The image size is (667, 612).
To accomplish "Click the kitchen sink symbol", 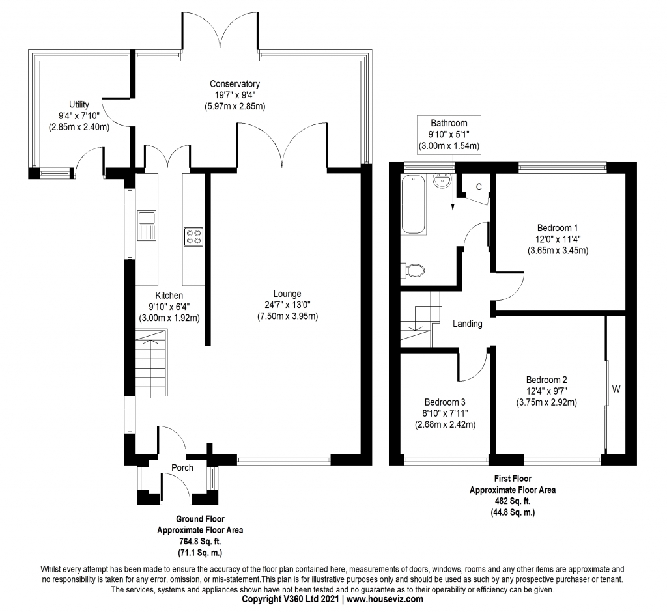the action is [147, 225].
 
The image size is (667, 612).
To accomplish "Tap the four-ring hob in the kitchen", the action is [193, 238].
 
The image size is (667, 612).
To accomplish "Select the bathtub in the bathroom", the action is [414, 204].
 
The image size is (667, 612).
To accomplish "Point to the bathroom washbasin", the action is [443, 181].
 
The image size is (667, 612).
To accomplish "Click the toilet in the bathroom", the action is [412, 270].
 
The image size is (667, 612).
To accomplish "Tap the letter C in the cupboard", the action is [479, 187].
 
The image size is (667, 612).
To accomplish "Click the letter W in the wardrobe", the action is [616, 389].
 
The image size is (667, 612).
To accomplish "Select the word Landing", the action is [468, 324].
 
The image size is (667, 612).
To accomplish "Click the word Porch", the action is [182, 468].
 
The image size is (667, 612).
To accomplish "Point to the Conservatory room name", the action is [234, 84].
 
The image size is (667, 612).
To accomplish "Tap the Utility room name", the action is [79, 105].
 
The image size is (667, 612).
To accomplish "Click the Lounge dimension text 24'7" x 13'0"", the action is [287, 305].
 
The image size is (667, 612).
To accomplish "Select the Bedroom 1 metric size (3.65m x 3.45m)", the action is [558, 251].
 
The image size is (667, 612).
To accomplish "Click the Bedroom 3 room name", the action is [445, 402].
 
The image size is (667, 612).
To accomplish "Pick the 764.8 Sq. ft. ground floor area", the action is [200, 542].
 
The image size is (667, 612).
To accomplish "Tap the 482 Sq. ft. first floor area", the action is [513, 501].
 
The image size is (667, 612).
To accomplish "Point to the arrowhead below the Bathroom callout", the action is [453, 207].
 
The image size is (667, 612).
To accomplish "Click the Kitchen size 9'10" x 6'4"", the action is [169, 307].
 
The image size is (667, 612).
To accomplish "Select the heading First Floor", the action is [513, 479].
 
